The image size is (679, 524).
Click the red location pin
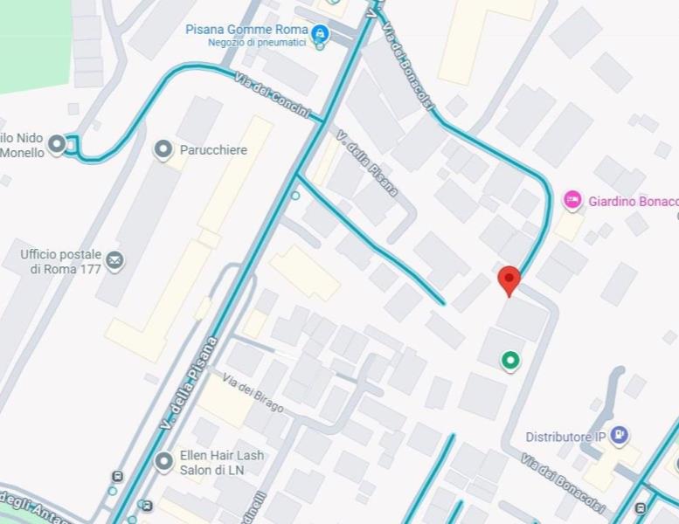tap(509, 280)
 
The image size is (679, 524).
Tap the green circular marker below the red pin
tap(509, 360)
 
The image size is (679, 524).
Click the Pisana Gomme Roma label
tap(246, 29)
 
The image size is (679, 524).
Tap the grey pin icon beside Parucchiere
tap(163, 150)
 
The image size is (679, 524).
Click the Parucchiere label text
tap(213, 150)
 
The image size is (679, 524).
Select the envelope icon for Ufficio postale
tap(114, 259)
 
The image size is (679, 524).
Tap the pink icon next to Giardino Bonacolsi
tap(572, 201)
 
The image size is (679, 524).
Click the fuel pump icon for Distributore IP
tap(619, 434)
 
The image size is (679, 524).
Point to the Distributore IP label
tap(565, 437)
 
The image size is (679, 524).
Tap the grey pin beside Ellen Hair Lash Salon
tap(163, 461)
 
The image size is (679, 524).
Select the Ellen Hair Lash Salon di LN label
tap(221, 462)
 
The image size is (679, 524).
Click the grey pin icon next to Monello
tap(58, 144)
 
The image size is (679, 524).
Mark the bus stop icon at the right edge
tap(641, 508)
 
